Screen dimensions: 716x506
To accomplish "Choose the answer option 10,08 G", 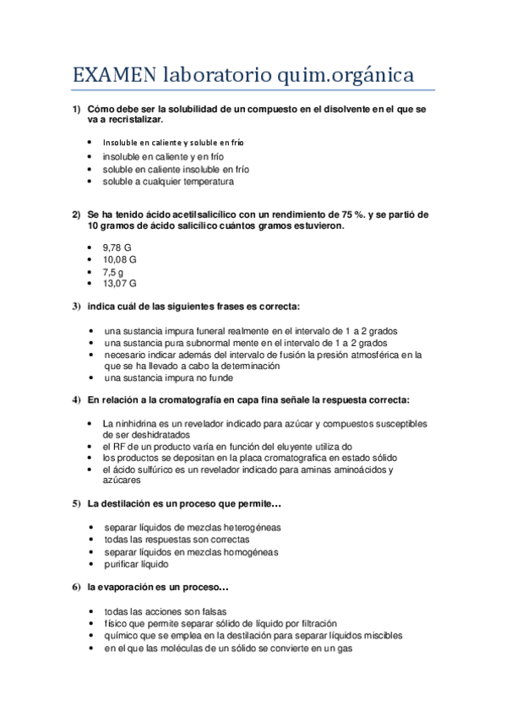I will [121, 259].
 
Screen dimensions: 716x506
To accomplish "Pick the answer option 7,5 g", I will [113, 272].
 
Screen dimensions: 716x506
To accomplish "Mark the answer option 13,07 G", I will [121, 285].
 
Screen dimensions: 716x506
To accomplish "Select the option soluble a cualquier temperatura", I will [168, 181].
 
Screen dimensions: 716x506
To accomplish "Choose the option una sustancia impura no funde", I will [161, 378].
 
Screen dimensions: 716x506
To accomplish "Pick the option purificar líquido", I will [136, 563].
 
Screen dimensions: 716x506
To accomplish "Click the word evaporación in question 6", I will [129, 586].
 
